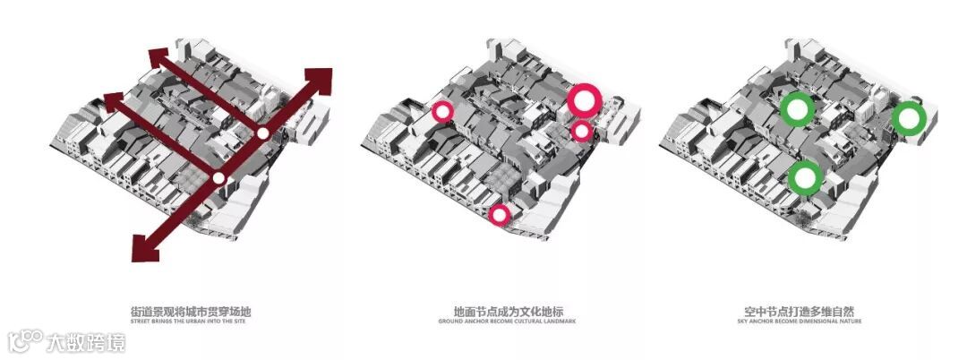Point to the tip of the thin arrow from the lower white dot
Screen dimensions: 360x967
(x=110, y=98)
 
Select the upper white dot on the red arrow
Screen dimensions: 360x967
(x=262, y=133)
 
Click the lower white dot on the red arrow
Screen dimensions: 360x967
(x=218, y=177)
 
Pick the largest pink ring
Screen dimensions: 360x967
(x=584, y=100)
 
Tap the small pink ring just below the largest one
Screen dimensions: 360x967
(x=582, y=132)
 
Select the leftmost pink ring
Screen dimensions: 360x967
(x=442, y=112)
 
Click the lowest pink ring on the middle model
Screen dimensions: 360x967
(x=500, y=214)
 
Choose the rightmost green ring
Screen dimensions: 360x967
(x=909, y=118)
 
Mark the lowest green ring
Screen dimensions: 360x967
(x=805, y=177)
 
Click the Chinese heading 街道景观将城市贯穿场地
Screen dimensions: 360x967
(x=192, y=312)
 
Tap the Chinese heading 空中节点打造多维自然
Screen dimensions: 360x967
(x=803, y=312)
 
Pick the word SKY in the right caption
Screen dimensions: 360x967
(x=749, y=321)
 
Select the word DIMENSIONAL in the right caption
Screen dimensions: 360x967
(x=821, y=321)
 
